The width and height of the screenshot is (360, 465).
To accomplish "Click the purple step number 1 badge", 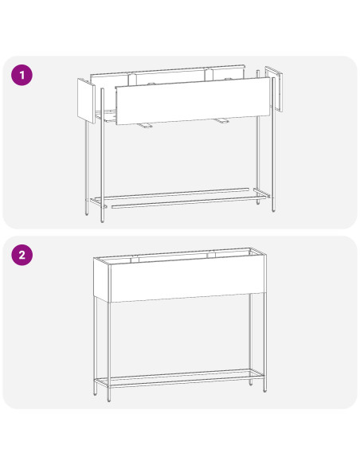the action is click(22, 75).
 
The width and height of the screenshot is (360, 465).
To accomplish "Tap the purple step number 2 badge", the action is click(22, 255).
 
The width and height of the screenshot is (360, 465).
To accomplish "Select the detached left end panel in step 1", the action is click(86, 101).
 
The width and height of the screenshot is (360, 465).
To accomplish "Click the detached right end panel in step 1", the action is click(273, 88).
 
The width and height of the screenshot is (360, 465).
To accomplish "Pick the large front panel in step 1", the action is click(193, 101).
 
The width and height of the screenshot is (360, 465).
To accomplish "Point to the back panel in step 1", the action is click(167, 78).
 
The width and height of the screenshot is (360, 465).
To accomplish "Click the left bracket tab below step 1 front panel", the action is click(145, 126).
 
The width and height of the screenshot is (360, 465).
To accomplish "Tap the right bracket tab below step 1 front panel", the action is click(221, 120).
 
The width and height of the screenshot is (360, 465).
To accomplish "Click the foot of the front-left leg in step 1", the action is click(102, 220).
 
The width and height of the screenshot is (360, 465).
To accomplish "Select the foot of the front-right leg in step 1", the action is click(273, 209).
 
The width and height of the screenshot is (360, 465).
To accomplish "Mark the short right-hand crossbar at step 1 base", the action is click(261, 193).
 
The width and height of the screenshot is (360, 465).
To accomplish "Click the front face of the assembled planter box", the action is click(188, 279).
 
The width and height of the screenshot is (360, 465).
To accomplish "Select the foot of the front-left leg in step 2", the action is click(109, 399).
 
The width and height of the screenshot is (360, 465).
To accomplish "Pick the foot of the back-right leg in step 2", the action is click(251, 383).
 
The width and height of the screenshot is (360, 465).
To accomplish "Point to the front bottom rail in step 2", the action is click(186, 382).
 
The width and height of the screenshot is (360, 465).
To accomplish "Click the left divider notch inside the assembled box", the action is click(135, 260).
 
